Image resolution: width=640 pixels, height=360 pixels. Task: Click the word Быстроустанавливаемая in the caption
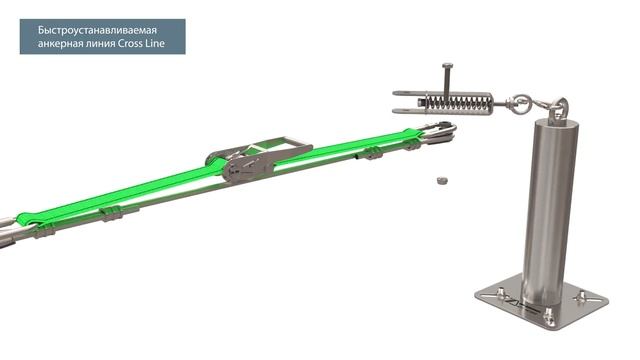[97, 30]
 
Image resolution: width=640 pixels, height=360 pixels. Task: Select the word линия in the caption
[101, 43]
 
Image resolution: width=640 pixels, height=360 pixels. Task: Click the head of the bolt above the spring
[448, 66]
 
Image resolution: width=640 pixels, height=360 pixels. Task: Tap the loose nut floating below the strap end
[442, 180]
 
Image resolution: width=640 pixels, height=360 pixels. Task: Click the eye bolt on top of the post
[558, 107]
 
